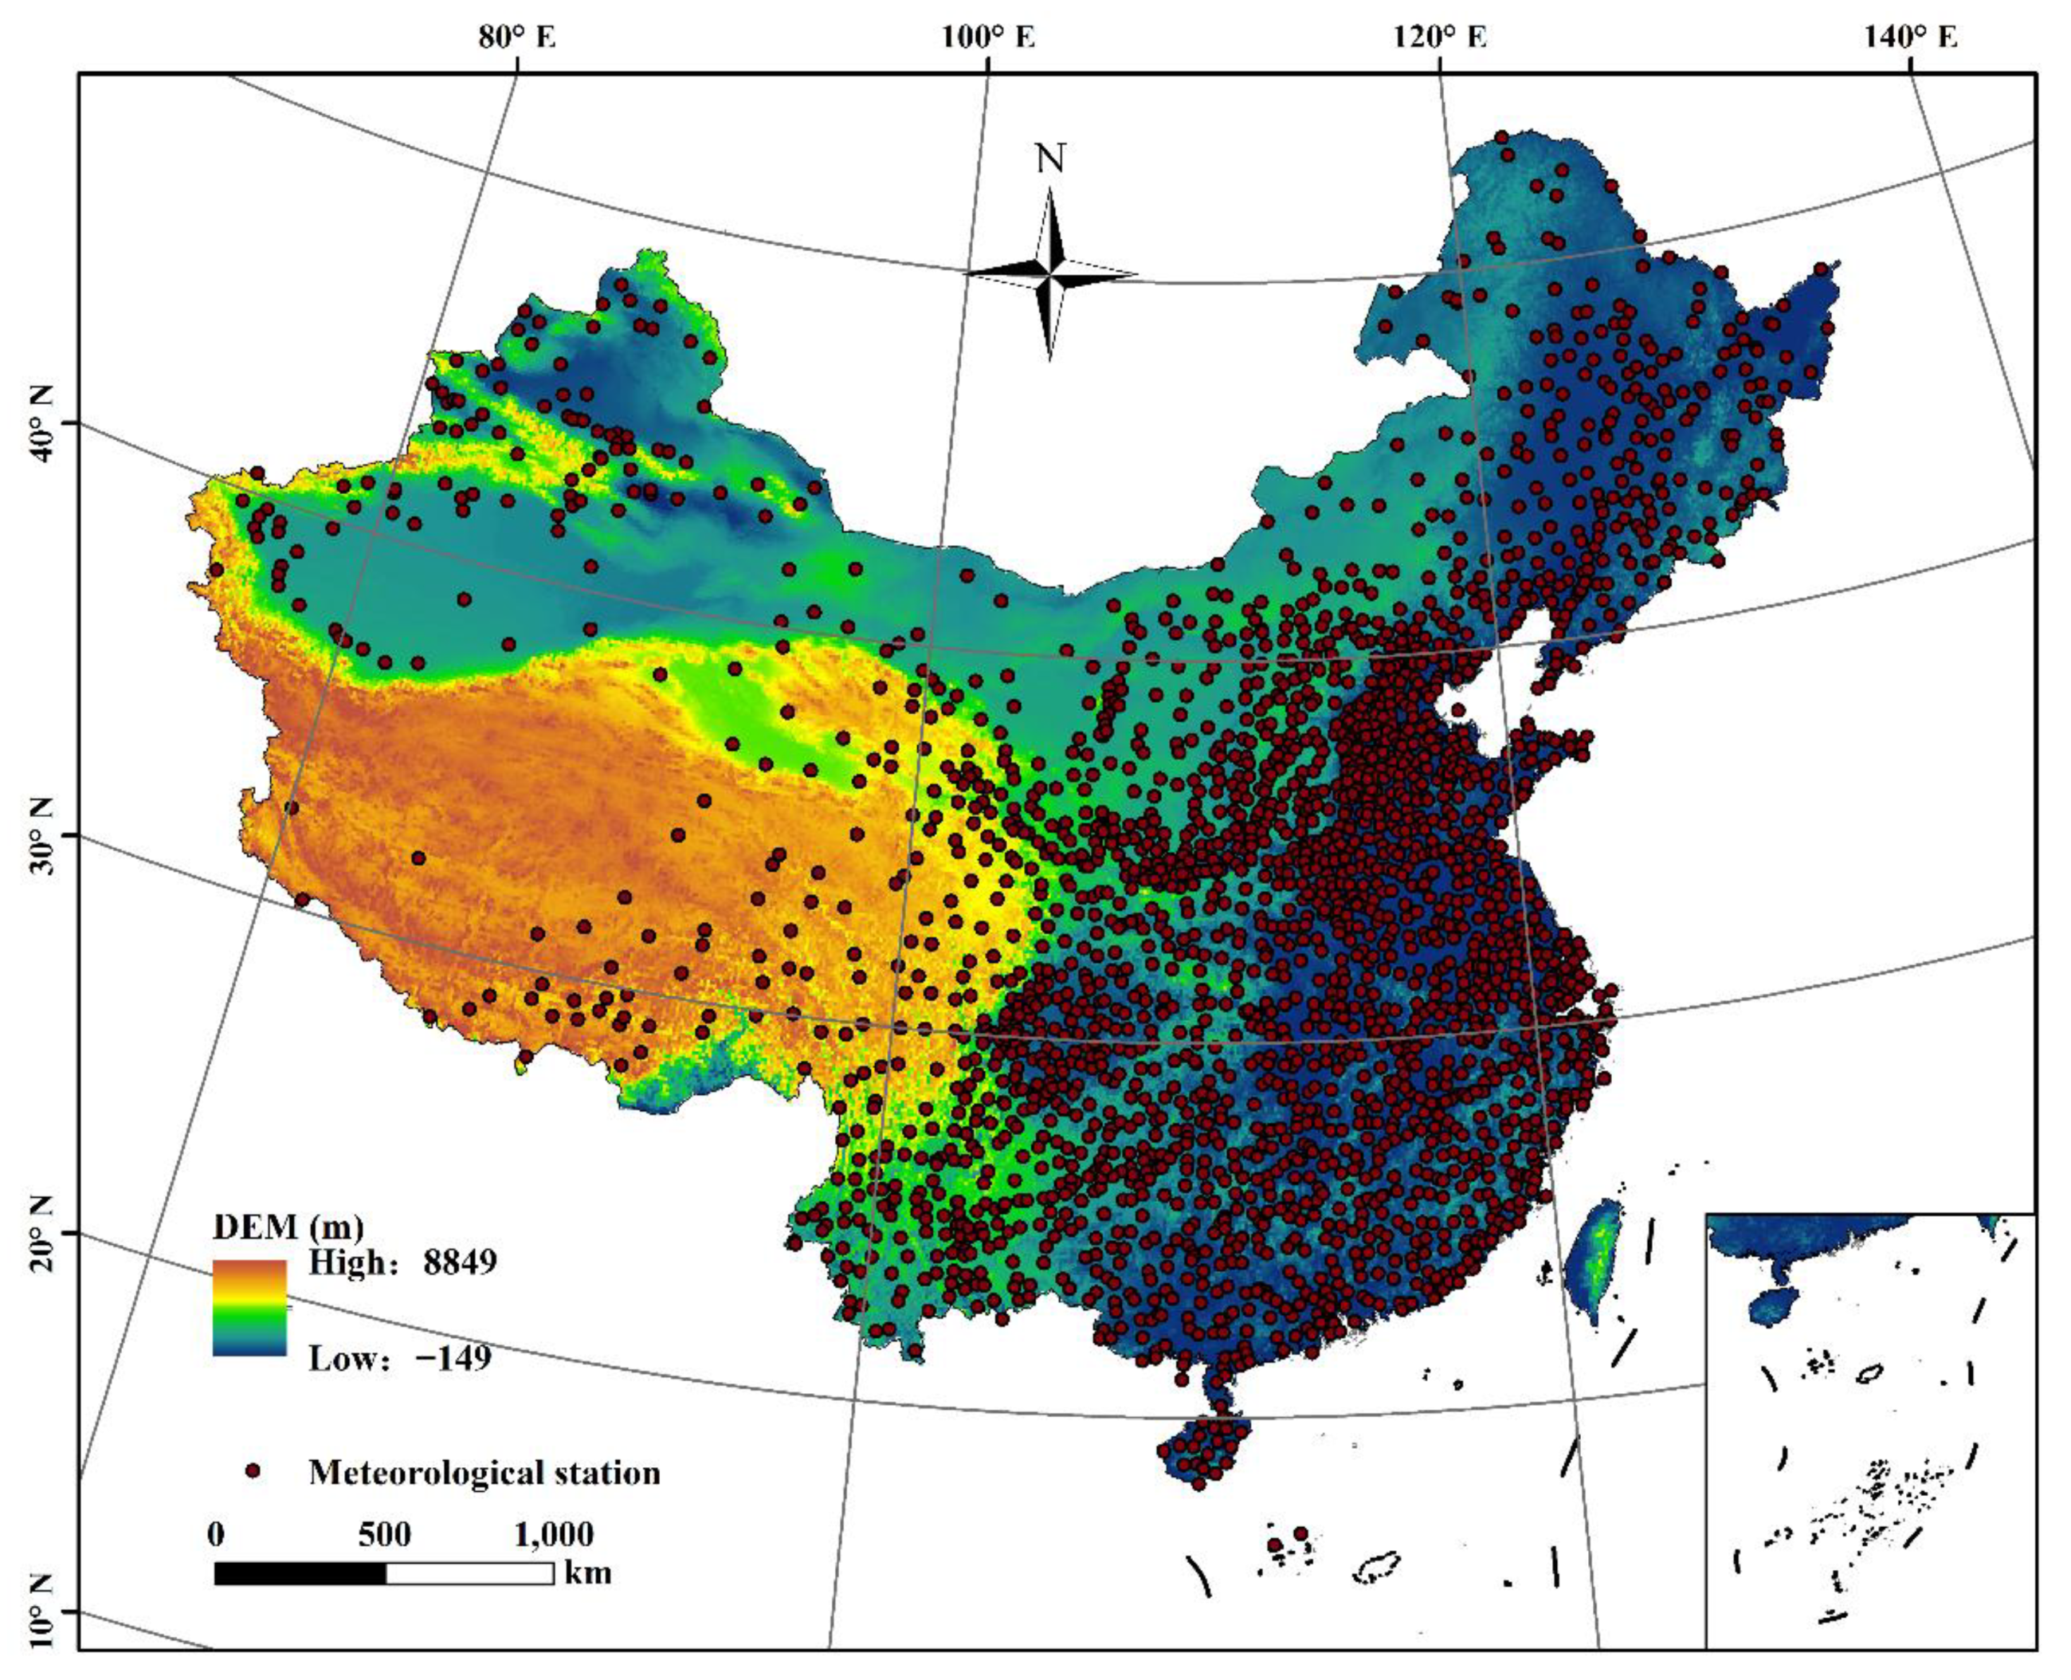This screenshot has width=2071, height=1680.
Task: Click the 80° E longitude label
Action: point(518,37)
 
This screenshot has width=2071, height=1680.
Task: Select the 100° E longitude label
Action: point(988,37)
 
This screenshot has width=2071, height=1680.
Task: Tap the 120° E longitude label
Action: point(1439,37)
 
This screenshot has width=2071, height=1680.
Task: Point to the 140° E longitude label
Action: point(1910,37)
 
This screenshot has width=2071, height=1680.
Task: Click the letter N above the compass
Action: point(1050,159)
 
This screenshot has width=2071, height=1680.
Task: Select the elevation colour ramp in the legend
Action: point(249,1306)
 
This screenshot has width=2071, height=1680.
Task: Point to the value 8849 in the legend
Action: point(460,1262)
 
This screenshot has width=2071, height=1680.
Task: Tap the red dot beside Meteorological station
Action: point(254,1472)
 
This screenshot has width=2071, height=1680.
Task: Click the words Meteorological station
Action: point(484,1472)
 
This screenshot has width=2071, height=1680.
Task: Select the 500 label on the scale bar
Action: point(384,1534)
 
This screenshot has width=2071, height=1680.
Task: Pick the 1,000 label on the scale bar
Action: point(554,1534)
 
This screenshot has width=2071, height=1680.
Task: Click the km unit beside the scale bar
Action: point(588,1572)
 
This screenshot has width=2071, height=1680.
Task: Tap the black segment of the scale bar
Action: point(300,1573)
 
